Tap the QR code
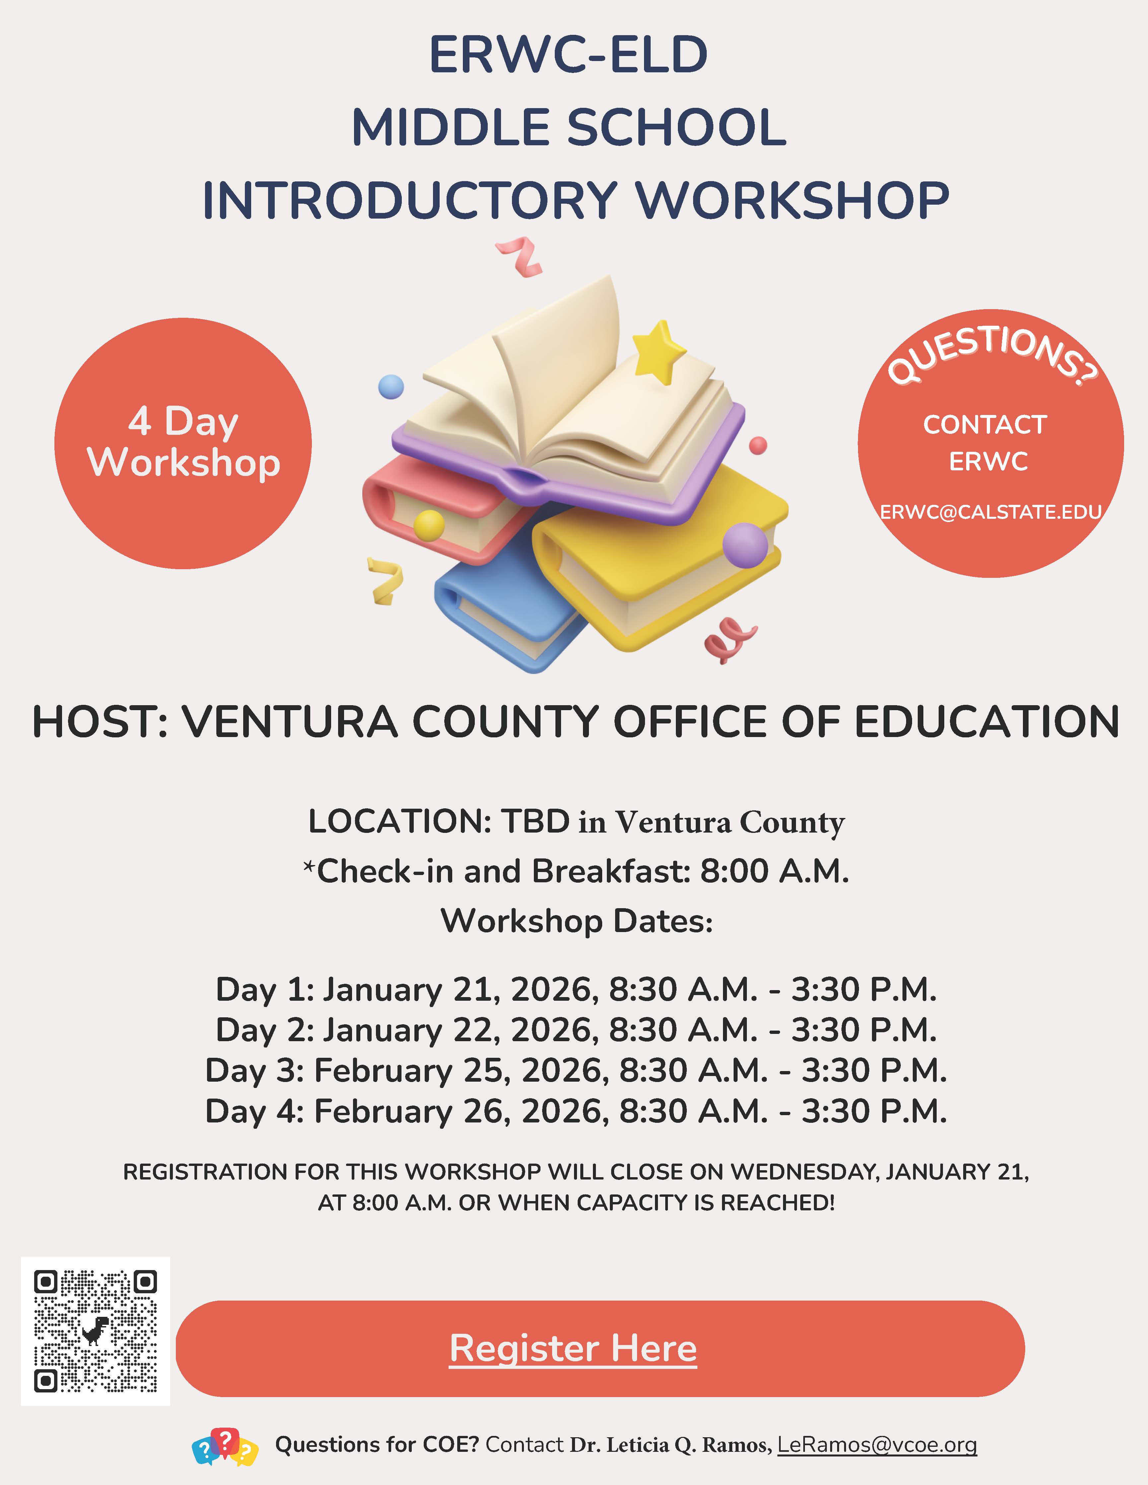[95, 1331]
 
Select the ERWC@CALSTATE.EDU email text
[990, 512]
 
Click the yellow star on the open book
[658, 352]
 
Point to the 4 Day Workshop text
[183, 442]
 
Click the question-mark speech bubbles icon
[225, 1446]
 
